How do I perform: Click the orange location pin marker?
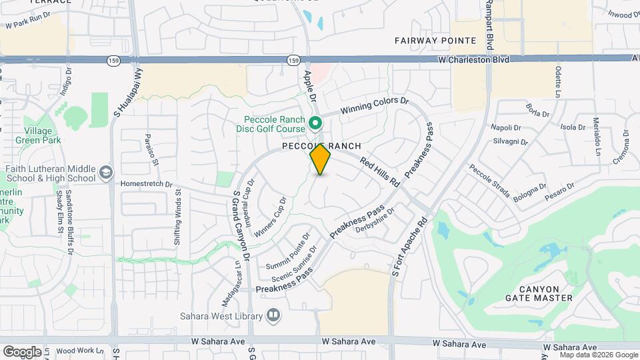pos(321,159)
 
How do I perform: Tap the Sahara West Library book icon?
pos(273,314)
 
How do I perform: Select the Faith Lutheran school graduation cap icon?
pos(106,173)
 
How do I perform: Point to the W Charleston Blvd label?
pos(473,60)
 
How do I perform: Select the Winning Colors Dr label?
pos(373,106)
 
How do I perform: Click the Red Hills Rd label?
pos(379,171)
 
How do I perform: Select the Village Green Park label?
pos(43,135)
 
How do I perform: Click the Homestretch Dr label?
pos(147,184)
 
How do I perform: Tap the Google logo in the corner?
pos(21,351)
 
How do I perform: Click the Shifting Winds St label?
pos(178,217)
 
